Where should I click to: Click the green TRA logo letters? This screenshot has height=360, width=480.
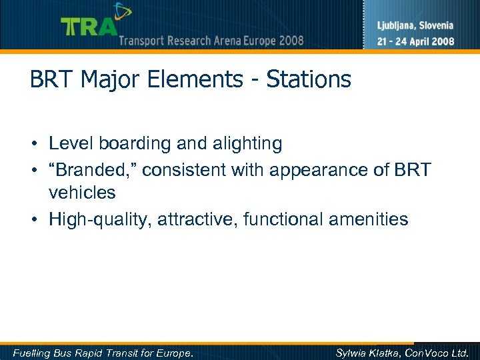tap(89, 27)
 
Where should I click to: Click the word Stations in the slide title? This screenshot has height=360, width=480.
tap(309, 80)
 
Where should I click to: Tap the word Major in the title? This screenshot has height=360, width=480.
tap(107, 80)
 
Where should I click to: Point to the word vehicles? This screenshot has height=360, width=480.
tap(82, 193)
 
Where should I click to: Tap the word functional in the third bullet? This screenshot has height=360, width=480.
tap(275, 219)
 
